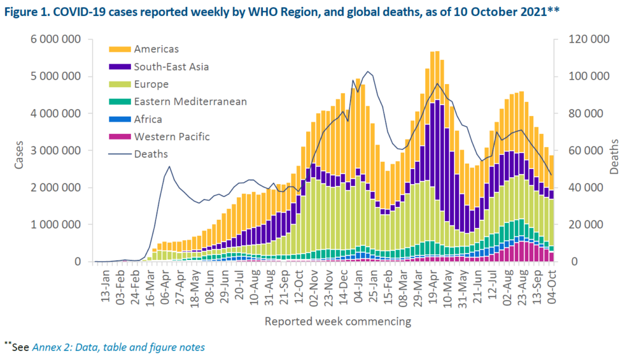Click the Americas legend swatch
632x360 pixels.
pyautogui.click(x=119, y=49)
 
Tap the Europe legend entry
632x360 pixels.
pyautogui.click(x=151, y=84)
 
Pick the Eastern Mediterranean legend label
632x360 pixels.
pyautogui.click(x=190, y=102)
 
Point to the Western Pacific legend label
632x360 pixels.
pyautogui.click(x=172, y=136)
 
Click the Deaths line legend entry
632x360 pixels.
pyautogui.click(x=151, y=154)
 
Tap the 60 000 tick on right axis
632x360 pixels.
pyautogui.click(x=586, y=151)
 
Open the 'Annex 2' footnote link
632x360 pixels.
pyautogui.click(x=118, y=347)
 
